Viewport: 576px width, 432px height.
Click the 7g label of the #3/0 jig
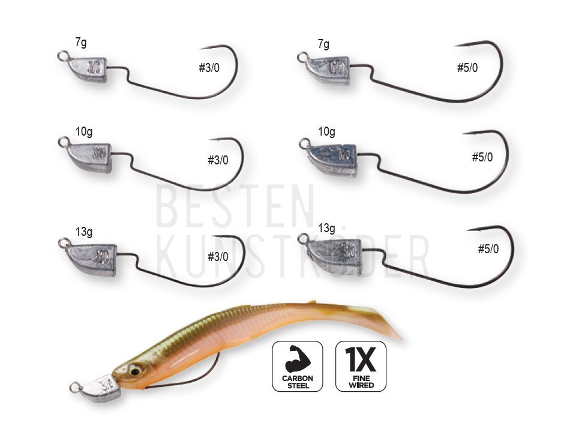tap(81, 43)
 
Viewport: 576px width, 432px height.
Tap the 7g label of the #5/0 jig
tap(323, 44)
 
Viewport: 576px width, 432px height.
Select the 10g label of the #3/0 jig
tap(84, 131)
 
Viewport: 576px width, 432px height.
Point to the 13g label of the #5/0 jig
tap(326, 228)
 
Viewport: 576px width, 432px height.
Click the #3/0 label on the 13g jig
tap(218, 256)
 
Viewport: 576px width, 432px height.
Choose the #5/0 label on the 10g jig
tap(482, 157)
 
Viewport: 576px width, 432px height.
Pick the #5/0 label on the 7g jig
tap(467, 68)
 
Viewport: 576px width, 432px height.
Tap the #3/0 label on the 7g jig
tap(209, 68)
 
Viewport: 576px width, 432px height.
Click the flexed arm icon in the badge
tap(298, 359)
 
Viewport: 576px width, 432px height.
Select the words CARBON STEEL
tap(298, 382)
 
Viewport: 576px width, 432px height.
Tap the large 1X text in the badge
tap(361, 359)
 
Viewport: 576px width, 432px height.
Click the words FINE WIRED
tap(361, 382)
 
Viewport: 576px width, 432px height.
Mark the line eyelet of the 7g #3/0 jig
tap(63, 55)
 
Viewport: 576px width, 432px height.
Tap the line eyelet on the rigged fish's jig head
tap(75, 387)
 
